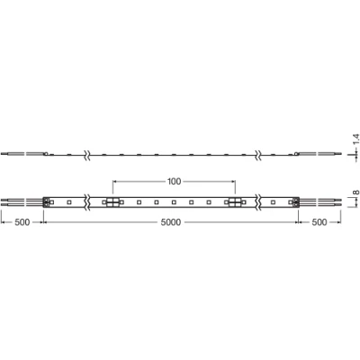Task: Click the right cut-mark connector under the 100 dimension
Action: tap(232, 202)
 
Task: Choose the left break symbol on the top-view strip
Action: tap(86, 202)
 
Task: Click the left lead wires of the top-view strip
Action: tap(20, 202)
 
